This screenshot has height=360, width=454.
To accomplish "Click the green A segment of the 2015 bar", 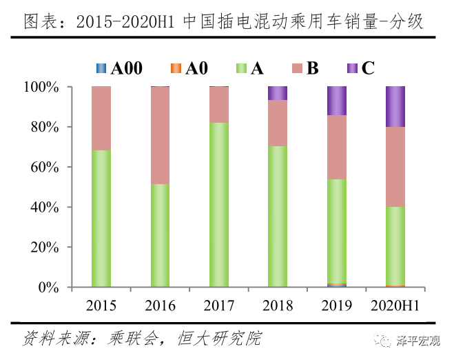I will (x=101, y=218).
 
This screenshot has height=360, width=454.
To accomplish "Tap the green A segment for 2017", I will (x=219, y=204).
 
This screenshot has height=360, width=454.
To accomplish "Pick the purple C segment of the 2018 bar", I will (x=278, y=93).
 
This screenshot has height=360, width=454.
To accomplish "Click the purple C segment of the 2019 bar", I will (x=337, y=101).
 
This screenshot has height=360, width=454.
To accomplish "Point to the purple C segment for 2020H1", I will (x=395, y=107).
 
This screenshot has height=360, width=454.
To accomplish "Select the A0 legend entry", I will (x=189, y=68).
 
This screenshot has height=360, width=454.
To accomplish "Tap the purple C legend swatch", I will (x=351, y=68).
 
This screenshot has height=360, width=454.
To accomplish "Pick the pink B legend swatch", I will (x=297, y=68).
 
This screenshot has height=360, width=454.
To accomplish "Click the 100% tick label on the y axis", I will (x=46, y=88).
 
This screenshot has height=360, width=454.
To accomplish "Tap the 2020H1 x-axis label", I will (x=395, y=306).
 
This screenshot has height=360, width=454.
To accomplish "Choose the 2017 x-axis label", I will (x=219, y=306).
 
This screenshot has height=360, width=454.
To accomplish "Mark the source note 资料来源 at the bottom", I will (x=142, y=339).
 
